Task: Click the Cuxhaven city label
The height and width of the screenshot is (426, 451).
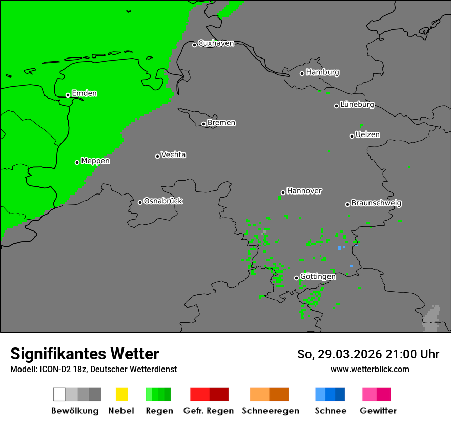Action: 216,43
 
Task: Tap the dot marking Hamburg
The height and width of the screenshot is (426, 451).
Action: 302,73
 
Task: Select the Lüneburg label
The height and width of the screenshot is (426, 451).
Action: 357,105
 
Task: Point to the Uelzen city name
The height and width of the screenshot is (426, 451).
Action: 367,135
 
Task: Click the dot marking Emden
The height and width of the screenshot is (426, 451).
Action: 68,95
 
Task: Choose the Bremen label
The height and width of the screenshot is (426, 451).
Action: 221,123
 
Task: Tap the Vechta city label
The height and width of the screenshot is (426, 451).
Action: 173,154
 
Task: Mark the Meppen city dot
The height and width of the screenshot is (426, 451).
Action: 77,162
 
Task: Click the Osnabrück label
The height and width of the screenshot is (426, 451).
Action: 163,201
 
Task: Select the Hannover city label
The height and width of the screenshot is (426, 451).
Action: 304,191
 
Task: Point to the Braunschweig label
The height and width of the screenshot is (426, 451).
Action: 376,203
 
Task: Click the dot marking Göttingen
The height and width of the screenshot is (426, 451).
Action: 296,278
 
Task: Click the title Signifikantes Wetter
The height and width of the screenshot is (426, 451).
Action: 85,354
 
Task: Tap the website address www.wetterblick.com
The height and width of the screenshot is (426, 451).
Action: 370,369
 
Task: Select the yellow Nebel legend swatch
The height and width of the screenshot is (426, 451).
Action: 121,394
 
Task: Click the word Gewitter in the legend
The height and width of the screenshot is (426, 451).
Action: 378,411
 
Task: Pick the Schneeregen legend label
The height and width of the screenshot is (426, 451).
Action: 270,411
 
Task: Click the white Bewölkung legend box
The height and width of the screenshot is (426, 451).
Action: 59,394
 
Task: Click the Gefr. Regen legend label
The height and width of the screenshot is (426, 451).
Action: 208,411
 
